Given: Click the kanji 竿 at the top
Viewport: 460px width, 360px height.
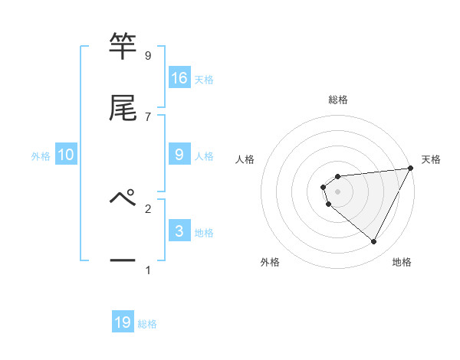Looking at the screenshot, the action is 123,47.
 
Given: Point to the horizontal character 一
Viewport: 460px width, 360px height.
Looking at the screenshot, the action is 123,260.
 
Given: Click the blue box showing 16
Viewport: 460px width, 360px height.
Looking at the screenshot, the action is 179,78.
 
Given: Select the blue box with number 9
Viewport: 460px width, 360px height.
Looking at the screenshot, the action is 179,155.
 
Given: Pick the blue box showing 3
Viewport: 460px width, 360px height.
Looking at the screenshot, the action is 179,231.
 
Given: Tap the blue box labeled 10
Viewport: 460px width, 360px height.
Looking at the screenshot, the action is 66,155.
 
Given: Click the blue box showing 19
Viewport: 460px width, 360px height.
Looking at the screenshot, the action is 123,322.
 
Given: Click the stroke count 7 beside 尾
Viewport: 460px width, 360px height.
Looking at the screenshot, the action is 147,116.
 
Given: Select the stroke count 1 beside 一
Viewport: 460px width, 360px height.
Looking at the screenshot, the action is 147,270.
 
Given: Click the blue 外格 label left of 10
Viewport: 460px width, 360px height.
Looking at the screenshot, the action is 41,156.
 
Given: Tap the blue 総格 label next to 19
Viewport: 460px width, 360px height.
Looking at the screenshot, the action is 147,324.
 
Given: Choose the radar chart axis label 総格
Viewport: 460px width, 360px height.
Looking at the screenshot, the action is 338,100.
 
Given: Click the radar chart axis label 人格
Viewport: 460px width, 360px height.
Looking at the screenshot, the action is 245,159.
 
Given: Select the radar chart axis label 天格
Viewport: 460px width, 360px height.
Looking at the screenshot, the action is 431,159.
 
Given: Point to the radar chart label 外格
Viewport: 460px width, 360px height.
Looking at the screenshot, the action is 270,262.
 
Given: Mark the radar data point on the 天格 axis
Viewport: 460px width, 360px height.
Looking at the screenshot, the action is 411,168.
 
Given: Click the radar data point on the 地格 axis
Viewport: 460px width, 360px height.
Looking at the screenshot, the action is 374,241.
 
